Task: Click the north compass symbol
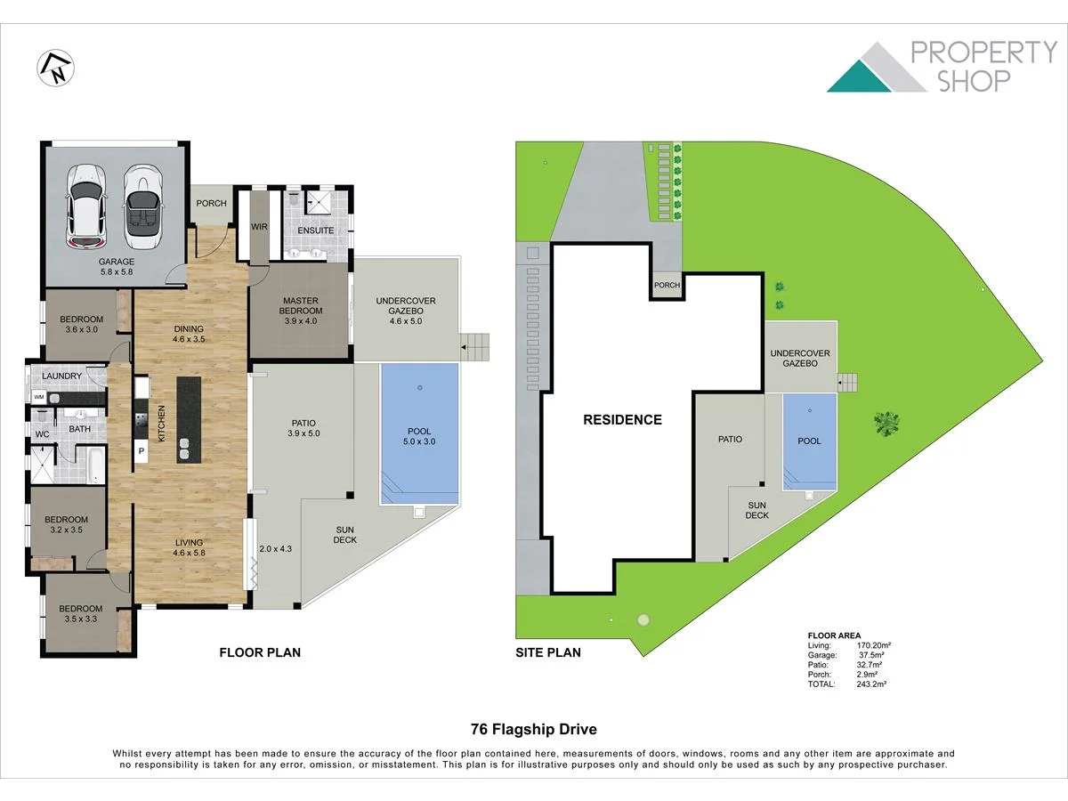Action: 55,69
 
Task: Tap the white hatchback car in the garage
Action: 86,206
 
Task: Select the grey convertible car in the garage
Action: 142,206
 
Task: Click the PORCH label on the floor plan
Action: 211,203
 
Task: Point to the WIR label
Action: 259,227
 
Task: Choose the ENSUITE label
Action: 316,231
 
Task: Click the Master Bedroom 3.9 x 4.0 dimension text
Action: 301,321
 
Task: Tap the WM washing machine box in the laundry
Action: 39,397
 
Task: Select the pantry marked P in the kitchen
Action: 142,451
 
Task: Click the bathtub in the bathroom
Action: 96,465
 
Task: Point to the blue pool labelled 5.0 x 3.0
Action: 419,433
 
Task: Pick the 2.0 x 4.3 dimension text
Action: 275,549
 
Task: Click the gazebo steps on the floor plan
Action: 474,347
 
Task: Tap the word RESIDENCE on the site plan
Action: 622,420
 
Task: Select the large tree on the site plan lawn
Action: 886,423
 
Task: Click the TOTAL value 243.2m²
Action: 871,684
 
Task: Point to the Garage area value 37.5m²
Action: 871,655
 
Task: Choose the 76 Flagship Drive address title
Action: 534,730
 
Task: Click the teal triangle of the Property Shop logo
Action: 859,76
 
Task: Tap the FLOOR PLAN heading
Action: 260,652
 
